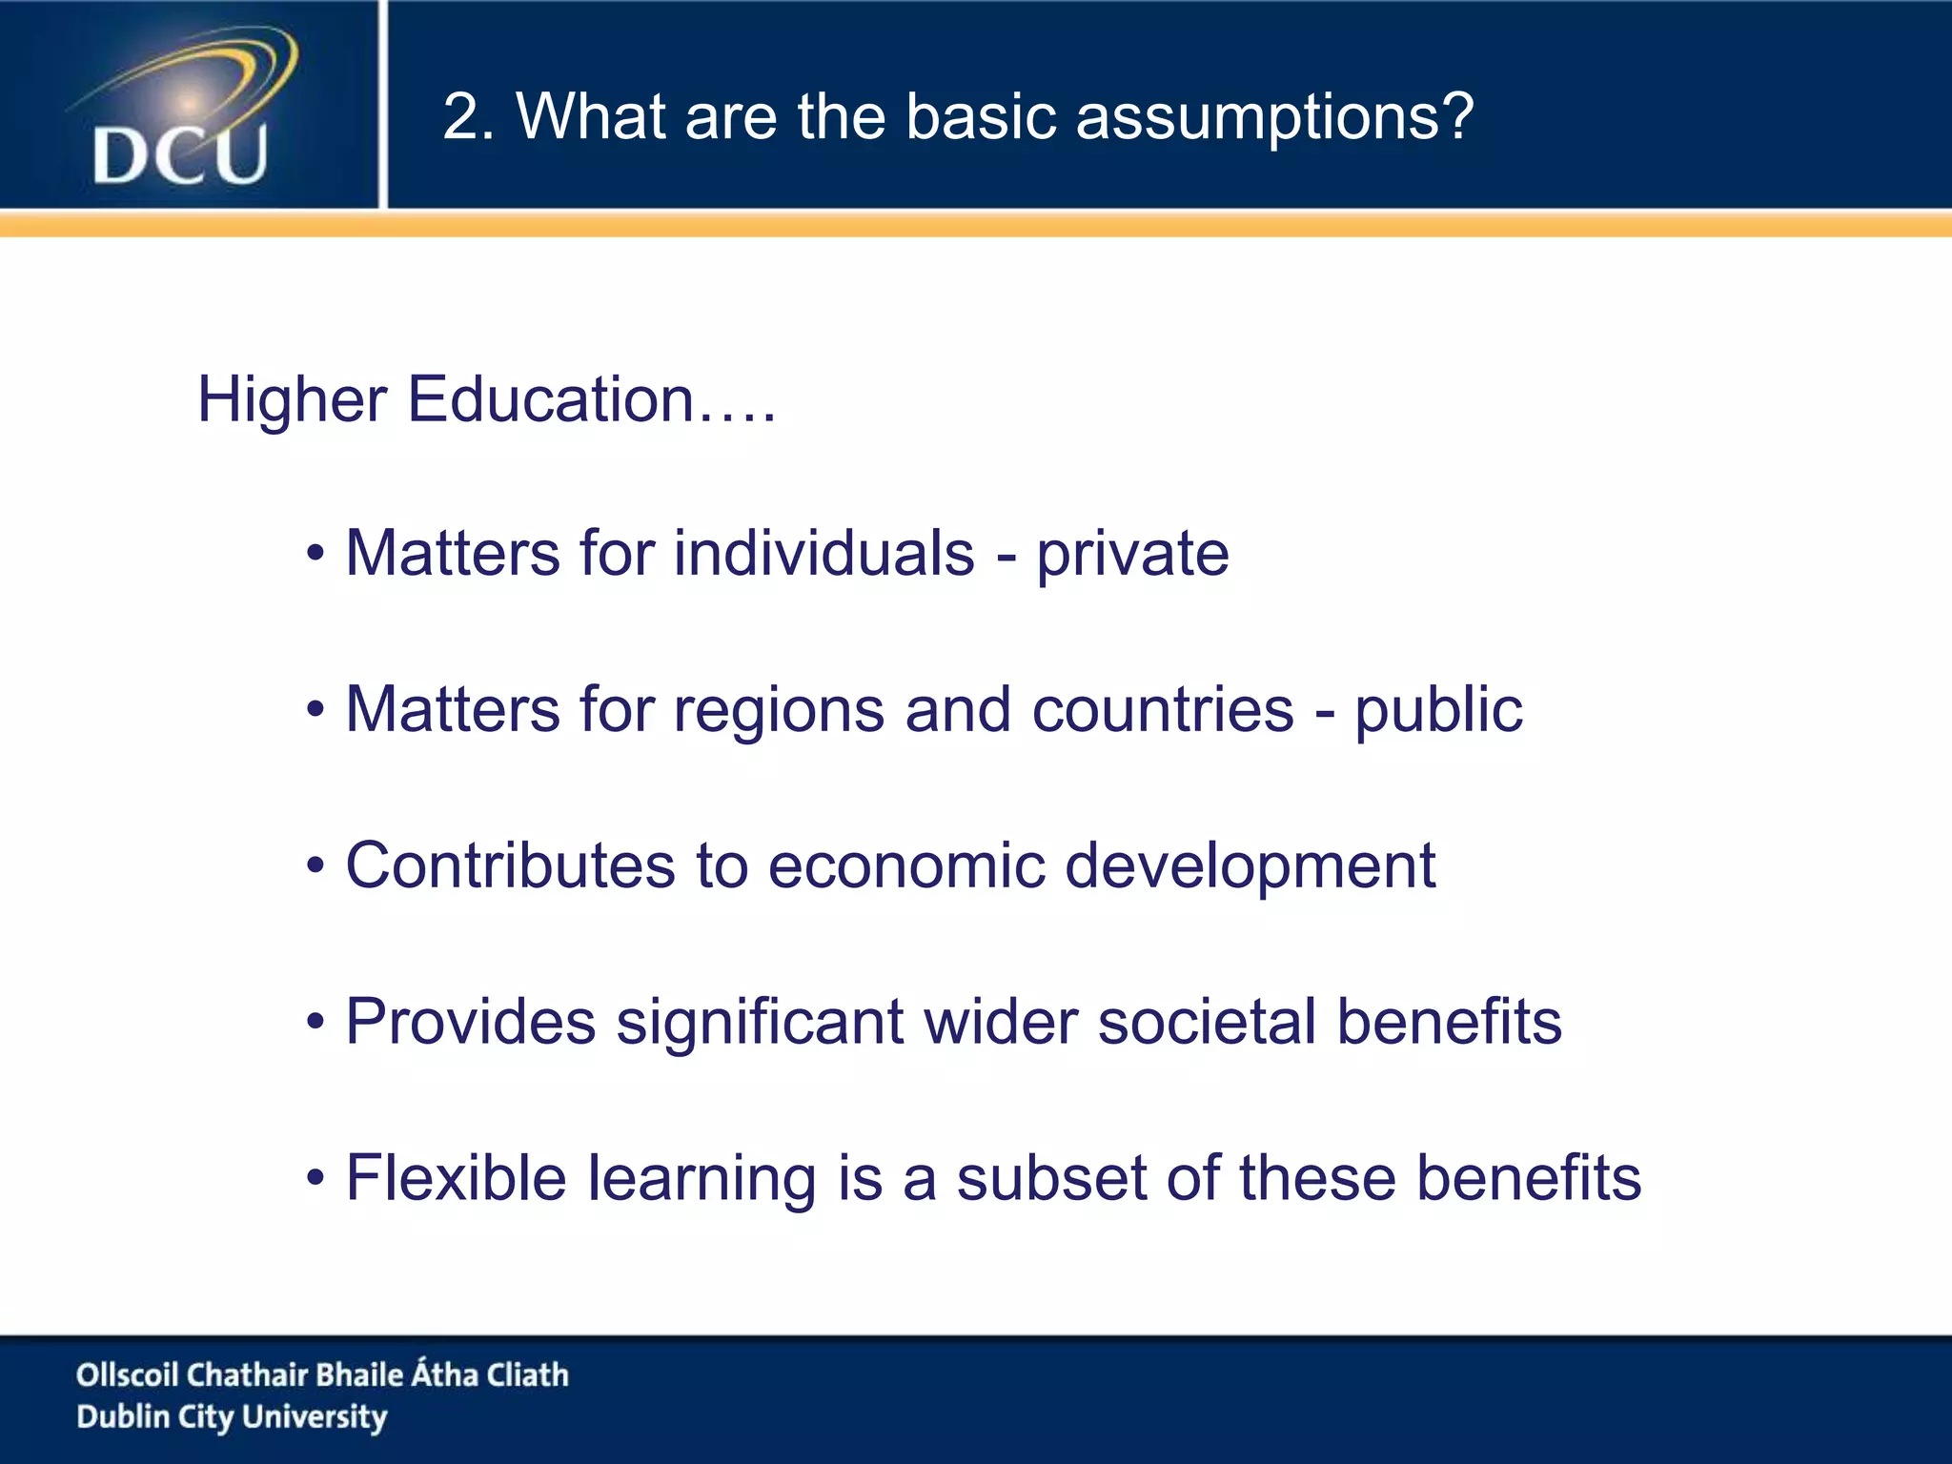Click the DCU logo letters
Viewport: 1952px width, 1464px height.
pyautogui.click(x=180, y=155)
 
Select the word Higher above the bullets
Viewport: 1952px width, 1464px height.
pyautogui.click(x=291, y=399)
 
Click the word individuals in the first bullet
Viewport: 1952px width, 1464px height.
pyautogui.click(x=824, y=554)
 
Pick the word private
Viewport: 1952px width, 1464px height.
pyautogui.click(x=1132, y=556)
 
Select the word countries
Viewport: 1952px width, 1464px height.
pyautogui.click(x=1163, y=710)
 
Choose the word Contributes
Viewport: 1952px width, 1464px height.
pyautogui.click(x=510, y=865)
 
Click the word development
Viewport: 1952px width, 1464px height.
pyautogui.click(x=1250, y=867)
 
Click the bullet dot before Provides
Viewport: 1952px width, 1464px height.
pyautogui.click(x=315, y=1023)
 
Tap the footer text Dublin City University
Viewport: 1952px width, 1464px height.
pyautogui.click(x=232, y=1417)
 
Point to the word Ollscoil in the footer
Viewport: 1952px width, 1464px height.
pyautogui.click(x=127, y=1374)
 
